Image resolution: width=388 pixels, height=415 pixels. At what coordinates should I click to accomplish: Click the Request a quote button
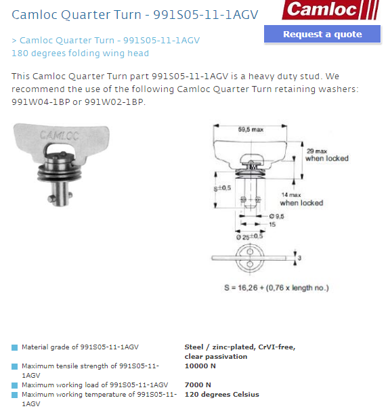322,34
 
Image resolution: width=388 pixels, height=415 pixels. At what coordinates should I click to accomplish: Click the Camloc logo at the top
330,9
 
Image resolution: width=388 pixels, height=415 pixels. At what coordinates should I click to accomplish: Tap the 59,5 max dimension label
251,129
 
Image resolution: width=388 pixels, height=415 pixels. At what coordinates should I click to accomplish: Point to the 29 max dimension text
317,151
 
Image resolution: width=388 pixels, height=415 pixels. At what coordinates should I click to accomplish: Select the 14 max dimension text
291,195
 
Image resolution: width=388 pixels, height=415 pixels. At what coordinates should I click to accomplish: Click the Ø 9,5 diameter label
276,216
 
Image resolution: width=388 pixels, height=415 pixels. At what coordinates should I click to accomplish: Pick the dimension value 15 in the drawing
272,225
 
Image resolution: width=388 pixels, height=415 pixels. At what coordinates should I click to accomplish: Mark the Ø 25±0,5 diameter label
249,236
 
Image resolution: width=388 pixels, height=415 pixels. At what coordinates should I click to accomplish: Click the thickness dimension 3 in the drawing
299,257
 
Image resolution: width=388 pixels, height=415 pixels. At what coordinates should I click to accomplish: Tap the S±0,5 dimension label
222,188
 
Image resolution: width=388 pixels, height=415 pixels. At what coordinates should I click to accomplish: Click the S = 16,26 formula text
276,288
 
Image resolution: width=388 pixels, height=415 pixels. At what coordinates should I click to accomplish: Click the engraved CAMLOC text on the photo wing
60,135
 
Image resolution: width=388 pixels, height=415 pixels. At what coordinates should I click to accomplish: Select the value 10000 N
200,366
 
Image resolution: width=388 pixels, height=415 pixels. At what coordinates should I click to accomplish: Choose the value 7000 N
198,385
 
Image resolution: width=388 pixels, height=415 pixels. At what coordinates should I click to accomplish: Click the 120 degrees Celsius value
222,395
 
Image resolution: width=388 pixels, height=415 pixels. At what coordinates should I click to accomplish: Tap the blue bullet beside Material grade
14,347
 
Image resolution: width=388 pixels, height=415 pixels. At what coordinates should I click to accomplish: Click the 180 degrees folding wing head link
80,53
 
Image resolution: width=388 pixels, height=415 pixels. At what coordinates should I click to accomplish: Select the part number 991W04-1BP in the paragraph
41,102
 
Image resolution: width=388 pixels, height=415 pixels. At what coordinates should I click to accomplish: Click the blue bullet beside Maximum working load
14,385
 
